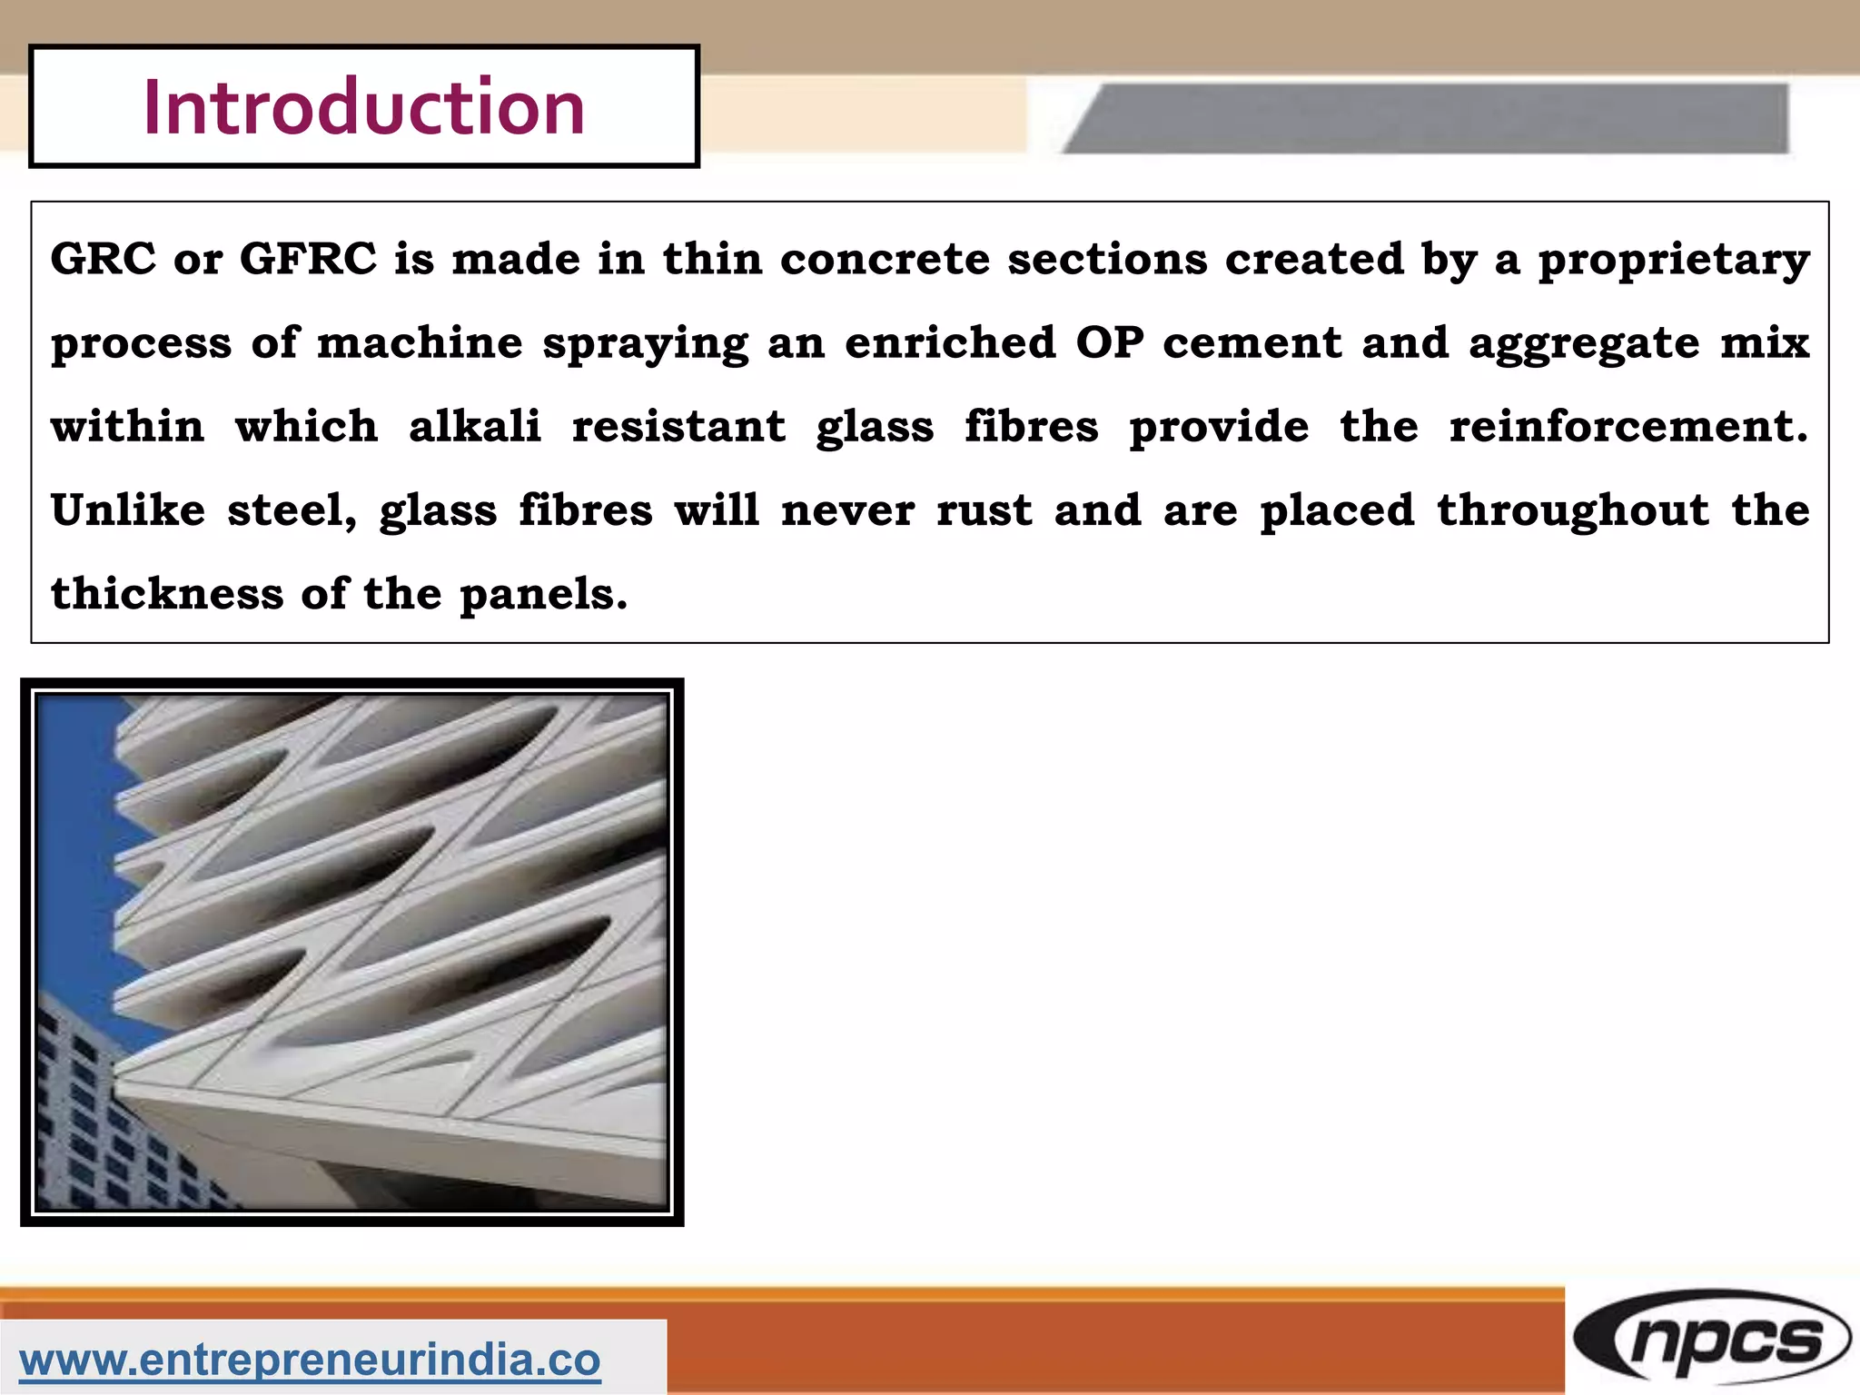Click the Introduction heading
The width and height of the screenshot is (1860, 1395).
coord(363,107)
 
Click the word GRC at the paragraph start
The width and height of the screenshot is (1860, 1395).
coord(103,259)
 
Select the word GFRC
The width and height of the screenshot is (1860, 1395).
coord(308,259)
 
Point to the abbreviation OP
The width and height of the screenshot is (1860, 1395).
coord(1109,343)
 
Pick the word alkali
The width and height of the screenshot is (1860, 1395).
coord(474,426)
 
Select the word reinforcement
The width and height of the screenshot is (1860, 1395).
coord(1627,426)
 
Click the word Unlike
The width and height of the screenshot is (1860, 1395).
coord(128,510)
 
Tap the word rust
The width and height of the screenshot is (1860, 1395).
coord(984,510)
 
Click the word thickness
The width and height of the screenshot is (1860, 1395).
coord(167,593)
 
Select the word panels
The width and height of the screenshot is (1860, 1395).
coord(542,595)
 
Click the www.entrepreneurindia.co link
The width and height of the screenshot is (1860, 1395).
coord(310,1360)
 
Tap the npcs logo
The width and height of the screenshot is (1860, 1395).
coord(1712,1341)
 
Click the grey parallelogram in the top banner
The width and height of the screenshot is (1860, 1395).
coord(1426,118)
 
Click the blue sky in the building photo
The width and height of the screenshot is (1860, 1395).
coord(73,817)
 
